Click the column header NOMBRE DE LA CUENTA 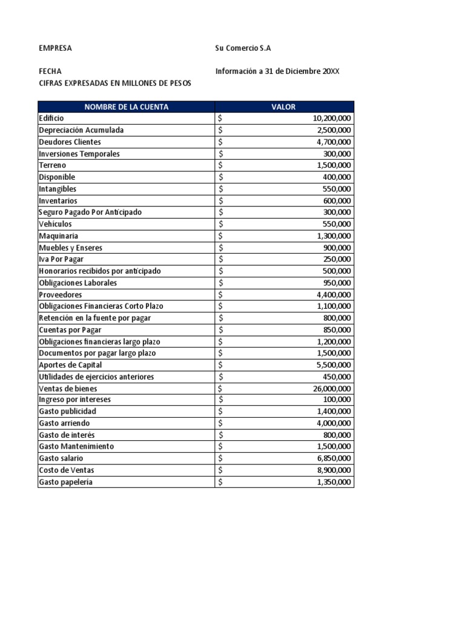pyautogui.click(x=126, y=107)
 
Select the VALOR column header pyautogui.click(x=284, y=107)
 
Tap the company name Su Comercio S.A pyautogui.click(x=248, y=48)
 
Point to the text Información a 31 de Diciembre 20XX pyautogui.click(x=277, y=71)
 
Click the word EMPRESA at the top pyautogui.click(x=55, y=48)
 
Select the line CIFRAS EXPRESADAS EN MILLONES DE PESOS pyautogui.click(x=114, y=83)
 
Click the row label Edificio pyautogui.click(x=51, y=119)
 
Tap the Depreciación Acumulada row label pyautogui.click(x=81, y=130)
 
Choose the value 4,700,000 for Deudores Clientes pyautogui.click(x=334, y=142)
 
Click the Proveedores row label pyautogui.click(x=60, y=295)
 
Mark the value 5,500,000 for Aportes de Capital pyautogui.click(x=334, y=365)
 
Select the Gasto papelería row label pyautogui.click(x=66, y=483)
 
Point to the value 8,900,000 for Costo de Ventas pyautogui.click(x=334, y=470)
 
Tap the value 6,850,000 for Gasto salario pyautogui.click(x=334, y=459)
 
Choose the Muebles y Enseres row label pyautogui.click(x=70, y=248)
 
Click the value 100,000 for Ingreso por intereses pyautogui.click(x=337, y=400)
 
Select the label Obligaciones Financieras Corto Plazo pyautogui.click(x=101, y=306)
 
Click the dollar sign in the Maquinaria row pyautogui.click(x=221, y=236)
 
